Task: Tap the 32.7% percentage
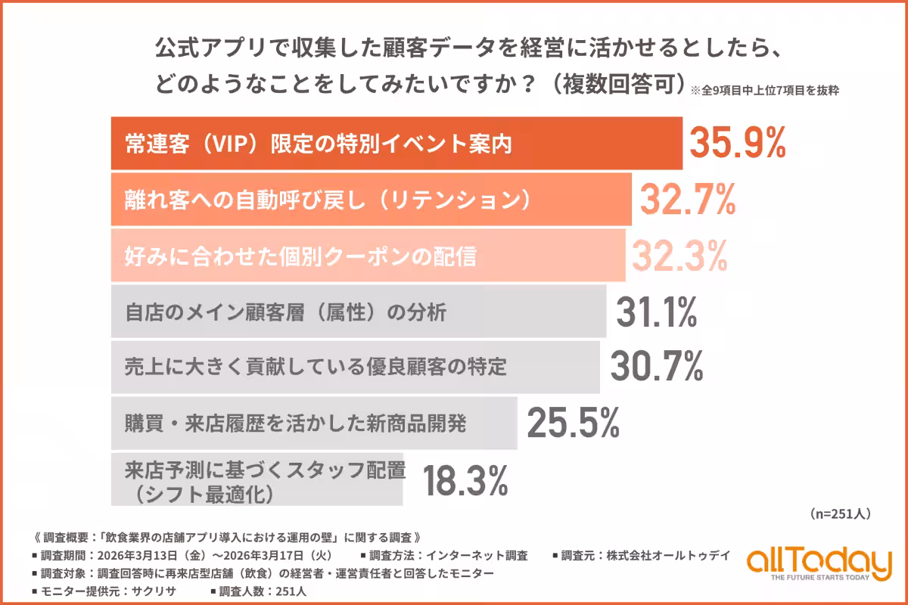click(688, 200)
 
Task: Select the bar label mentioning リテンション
click(325, 200)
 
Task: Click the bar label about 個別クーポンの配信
click(300, 257)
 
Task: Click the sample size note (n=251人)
click(840, 514)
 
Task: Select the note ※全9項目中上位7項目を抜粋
click(765, 89)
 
